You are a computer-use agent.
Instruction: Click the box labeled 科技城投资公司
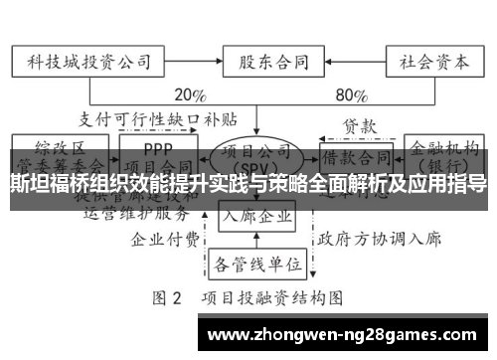(87, 61)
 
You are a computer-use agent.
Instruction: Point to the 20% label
(189, 95)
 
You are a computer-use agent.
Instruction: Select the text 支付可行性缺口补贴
(159, 120)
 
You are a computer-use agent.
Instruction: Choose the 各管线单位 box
(257, 265)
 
